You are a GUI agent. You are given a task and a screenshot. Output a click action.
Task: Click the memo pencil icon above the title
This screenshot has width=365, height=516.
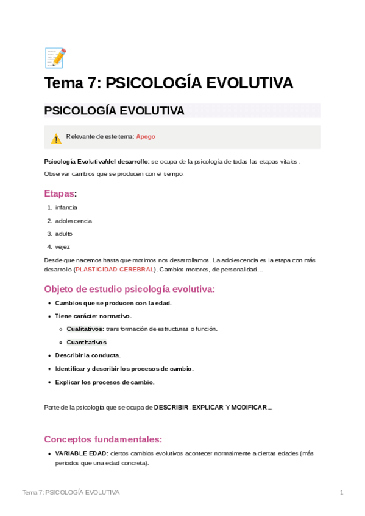[55, 58]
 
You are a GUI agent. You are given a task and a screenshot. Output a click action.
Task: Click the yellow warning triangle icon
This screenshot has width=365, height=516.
[56, 139]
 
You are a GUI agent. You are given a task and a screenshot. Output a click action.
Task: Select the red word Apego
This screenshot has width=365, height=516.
[146, 137]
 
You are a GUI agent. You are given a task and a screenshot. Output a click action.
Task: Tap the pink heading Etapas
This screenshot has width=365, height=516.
[59, 193]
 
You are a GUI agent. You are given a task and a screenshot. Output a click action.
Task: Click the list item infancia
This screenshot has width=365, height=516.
[66, 207]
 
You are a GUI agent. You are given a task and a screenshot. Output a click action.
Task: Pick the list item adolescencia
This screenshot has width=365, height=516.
[73, 221]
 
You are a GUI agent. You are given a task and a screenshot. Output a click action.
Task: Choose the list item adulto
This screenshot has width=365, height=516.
[64, 234]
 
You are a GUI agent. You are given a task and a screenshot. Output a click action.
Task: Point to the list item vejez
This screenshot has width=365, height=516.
[62, 247]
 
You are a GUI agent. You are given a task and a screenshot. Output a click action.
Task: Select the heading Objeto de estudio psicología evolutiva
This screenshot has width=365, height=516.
[129, 290]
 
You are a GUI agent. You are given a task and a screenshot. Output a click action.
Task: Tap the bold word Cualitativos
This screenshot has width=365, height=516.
[85, 329]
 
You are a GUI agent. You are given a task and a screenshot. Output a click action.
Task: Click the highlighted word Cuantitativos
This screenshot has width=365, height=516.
[86, 342]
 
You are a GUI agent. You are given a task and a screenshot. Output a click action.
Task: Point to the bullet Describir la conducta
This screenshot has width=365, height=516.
[88, 355]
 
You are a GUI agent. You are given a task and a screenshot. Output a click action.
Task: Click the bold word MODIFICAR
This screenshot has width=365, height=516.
[249, 407]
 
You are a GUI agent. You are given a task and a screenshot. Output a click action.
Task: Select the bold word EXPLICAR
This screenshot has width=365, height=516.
[208, 407]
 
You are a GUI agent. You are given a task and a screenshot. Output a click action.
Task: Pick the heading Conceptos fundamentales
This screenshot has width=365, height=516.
[103, 439]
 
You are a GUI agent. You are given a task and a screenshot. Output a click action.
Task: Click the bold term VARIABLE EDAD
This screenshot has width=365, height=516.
[82, 453]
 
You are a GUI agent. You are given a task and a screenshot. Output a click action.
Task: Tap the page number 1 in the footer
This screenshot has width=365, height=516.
[342, 492]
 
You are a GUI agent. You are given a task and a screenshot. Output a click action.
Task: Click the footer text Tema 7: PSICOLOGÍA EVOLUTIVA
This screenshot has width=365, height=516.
[71, 492]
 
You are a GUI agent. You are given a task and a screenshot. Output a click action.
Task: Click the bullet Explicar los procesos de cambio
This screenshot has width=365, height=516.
[105, 382]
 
